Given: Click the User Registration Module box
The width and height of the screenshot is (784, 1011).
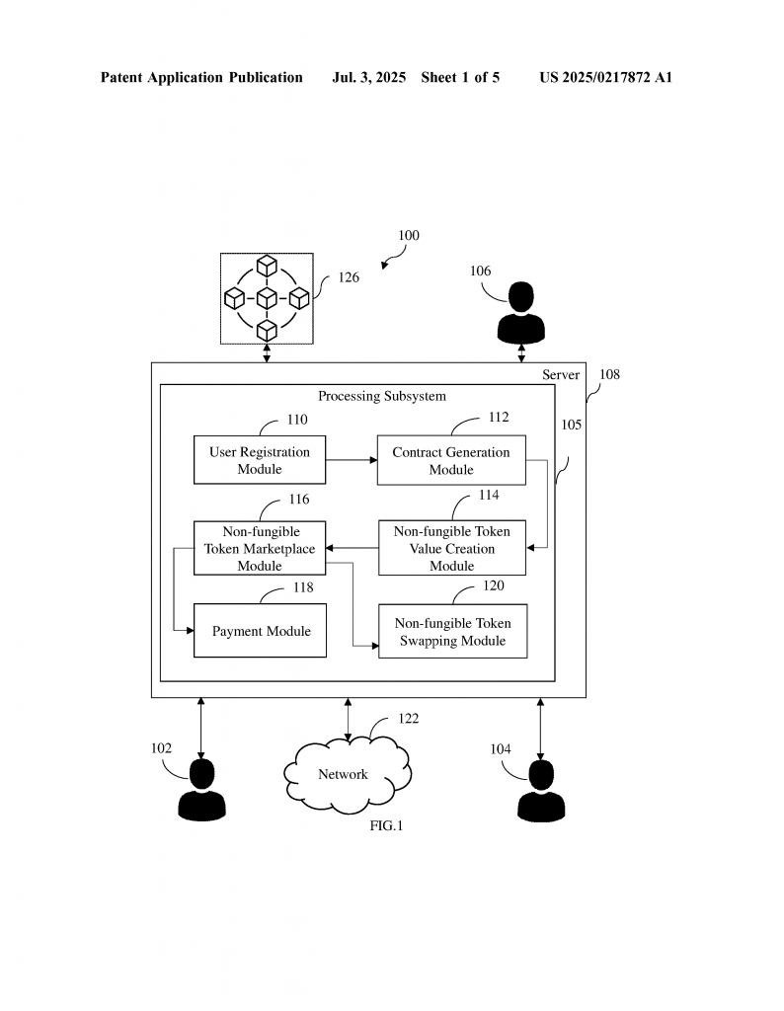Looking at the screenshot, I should pyautogui.click(x=260, y=460).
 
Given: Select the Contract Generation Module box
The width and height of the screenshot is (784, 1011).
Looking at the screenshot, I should pyautogui.click(x=451, y=460).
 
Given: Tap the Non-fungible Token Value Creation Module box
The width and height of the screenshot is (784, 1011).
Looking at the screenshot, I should pyautogui.click(x=451, y=548).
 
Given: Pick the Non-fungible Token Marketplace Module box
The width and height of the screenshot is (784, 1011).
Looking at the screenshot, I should pyautogui.click(x=260, y=548).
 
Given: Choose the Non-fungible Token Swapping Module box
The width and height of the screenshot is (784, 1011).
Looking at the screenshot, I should pyautogui.click(x=452, y=631).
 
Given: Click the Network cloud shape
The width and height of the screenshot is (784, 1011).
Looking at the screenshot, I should pyautogui.click(x=345, y=774).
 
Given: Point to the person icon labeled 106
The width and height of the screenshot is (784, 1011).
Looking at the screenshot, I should pyautogui.click(x=520, y=311).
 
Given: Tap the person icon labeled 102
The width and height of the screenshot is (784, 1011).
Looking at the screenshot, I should pyautogui.click(x=201, y=791).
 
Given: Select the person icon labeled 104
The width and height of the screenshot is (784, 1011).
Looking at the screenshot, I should pyautogui.click(x=541, y=791).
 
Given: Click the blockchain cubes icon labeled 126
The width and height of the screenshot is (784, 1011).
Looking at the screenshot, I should pyautogui.click(x=267, y=297).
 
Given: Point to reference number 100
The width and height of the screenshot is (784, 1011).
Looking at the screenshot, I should pyautogui.click(x=408, y=236).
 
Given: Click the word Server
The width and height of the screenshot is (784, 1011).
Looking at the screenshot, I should pyautogui.click(x=561, y=375).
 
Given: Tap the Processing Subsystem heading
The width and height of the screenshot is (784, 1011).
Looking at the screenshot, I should pyautogui.click(x=381, y=396).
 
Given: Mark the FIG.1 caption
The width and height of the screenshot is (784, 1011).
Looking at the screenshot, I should pyautogui.click(x=386, y=825).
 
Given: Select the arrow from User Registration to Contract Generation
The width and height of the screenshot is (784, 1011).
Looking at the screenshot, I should pyautogui.click(x=352, y=460).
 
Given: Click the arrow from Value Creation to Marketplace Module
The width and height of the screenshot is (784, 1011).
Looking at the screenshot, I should pyautogui.click(x=353, y=548).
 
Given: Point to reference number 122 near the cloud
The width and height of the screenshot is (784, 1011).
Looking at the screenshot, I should pyautogui.click(x=408, y=719).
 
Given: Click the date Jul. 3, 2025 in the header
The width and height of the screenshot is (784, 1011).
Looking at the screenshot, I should pyautogui.click(x=369, y=77).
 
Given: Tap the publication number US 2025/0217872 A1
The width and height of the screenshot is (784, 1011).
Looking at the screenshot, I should pyautogui.click(x=605, y=77).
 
